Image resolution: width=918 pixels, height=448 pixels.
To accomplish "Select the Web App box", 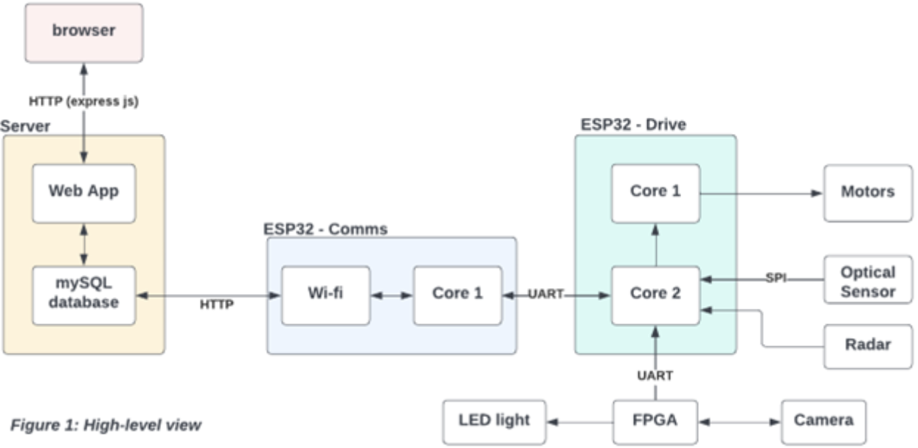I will coord(83,192).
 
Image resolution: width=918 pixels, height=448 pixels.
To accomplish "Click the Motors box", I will coord(868,192).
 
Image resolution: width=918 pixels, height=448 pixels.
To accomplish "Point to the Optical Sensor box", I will coord(868,282).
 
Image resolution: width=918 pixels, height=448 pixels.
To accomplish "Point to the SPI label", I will coord(775,279).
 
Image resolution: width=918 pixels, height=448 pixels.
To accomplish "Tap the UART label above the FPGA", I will coord(655,377).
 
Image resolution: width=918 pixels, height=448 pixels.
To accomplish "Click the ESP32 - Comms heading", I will coord(325,228).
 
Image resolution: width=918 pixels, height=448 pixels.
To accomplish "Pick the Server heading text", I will coord(27,127).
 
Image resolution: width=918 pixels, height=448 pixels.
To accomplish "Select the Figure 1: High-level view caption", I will coord(105,426).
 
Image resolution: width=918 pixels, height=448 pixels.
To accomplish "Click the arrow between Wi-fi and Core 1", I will coord(391,295).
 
